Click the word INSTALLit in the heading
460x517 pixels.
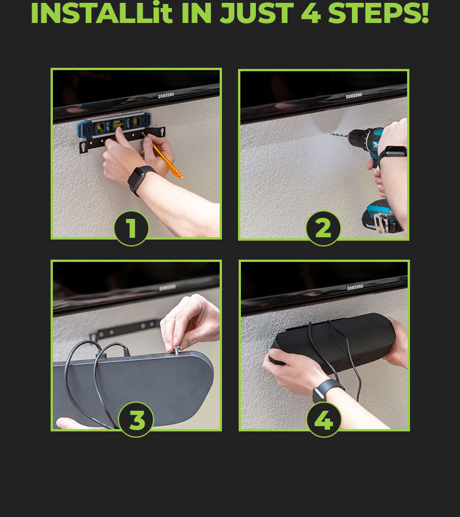tap(102, 13)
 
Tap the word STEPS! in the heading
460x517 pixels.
tap(378, 13)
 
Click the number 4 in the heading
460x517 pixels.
tap(311, 13)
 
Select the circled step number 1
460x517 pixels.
tap(131, 228)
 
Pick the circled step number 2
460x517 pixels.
tap(323, 228)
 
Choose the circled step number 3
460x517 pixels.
tap(136, 420)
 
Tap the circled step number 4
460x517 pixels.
tap(324, 420)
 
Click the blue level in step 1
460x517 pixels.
tap(114, 125)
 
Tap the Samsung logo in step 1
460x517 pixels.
tap(166, 95)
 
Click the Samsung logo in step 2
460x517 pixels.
tap(354, 95)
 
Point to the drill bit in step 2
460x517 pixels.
tap(339, 135)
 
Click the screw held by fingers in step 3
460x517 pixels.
tap(177, 350)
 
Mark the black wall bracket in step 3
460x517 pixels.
tap(126, 330)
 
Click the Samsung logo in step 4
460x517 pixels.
tap(355, 287)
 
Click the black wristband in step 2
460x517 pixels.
tap(392, 153)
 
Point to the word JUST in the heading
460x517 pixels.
tap(256, 13)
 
